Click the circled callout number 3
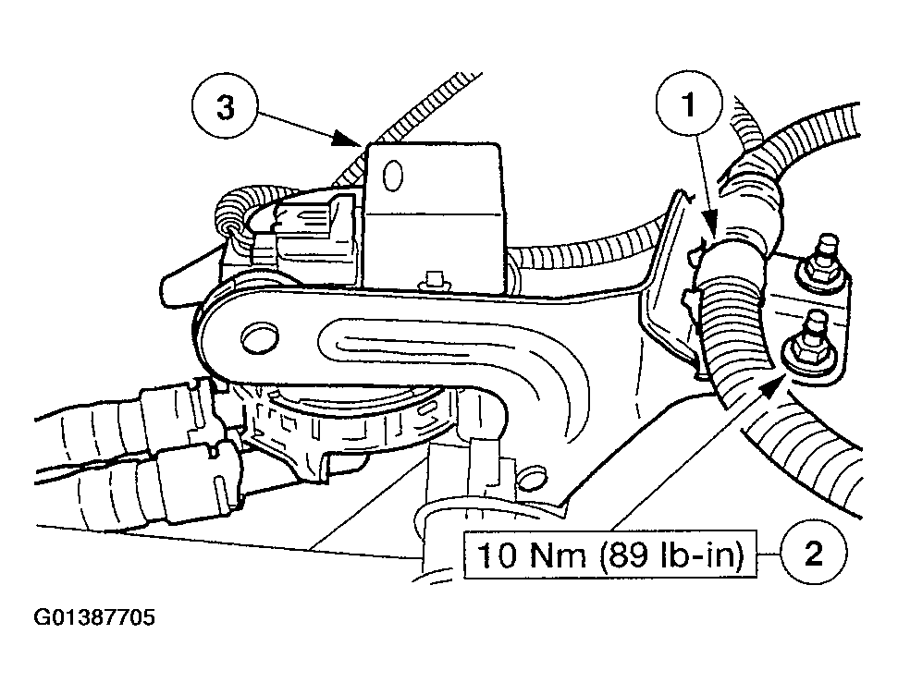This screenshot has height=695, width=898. tap(225, 107)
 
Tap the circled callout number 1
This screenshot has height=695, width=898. tap(690, 104)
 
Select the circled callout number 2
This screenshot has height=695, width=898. tap(813, 553)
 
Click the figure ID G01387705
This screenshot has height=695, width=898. tap(94, 617)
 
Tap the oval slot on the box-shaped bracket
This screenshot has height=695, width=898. tap(392, 175)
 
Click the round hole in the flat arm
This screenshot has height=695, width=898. tap(260, 339)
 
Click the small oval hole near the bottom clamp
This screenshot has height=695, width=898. tap(535, 478)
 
